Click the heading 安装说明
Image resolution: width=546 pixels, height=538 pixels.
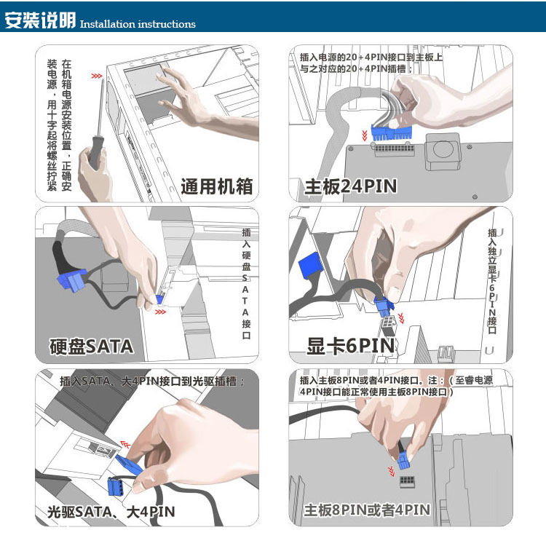pos(40,20)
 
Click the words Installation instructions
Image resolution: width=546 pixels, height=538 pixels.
pos(138,24)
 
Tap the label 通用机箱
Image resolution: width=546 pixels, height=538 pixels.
pos(216,186)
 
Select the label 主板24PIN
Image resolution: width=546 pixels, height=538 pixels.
pos(351,186)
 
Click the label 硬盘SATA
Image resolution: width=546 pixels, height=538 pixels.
pos(91,346)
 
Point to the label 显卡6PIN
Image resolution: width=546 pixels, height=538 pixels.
pos(350,346)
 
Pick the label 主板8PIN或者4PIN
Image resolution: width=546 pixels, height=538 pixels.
pos(367,510)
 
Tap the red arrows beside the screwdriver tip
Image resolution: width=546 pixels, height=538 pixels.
pos(95,75)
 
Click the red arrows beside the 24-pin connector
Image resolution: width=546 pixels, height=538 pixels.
pos(365,135)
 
